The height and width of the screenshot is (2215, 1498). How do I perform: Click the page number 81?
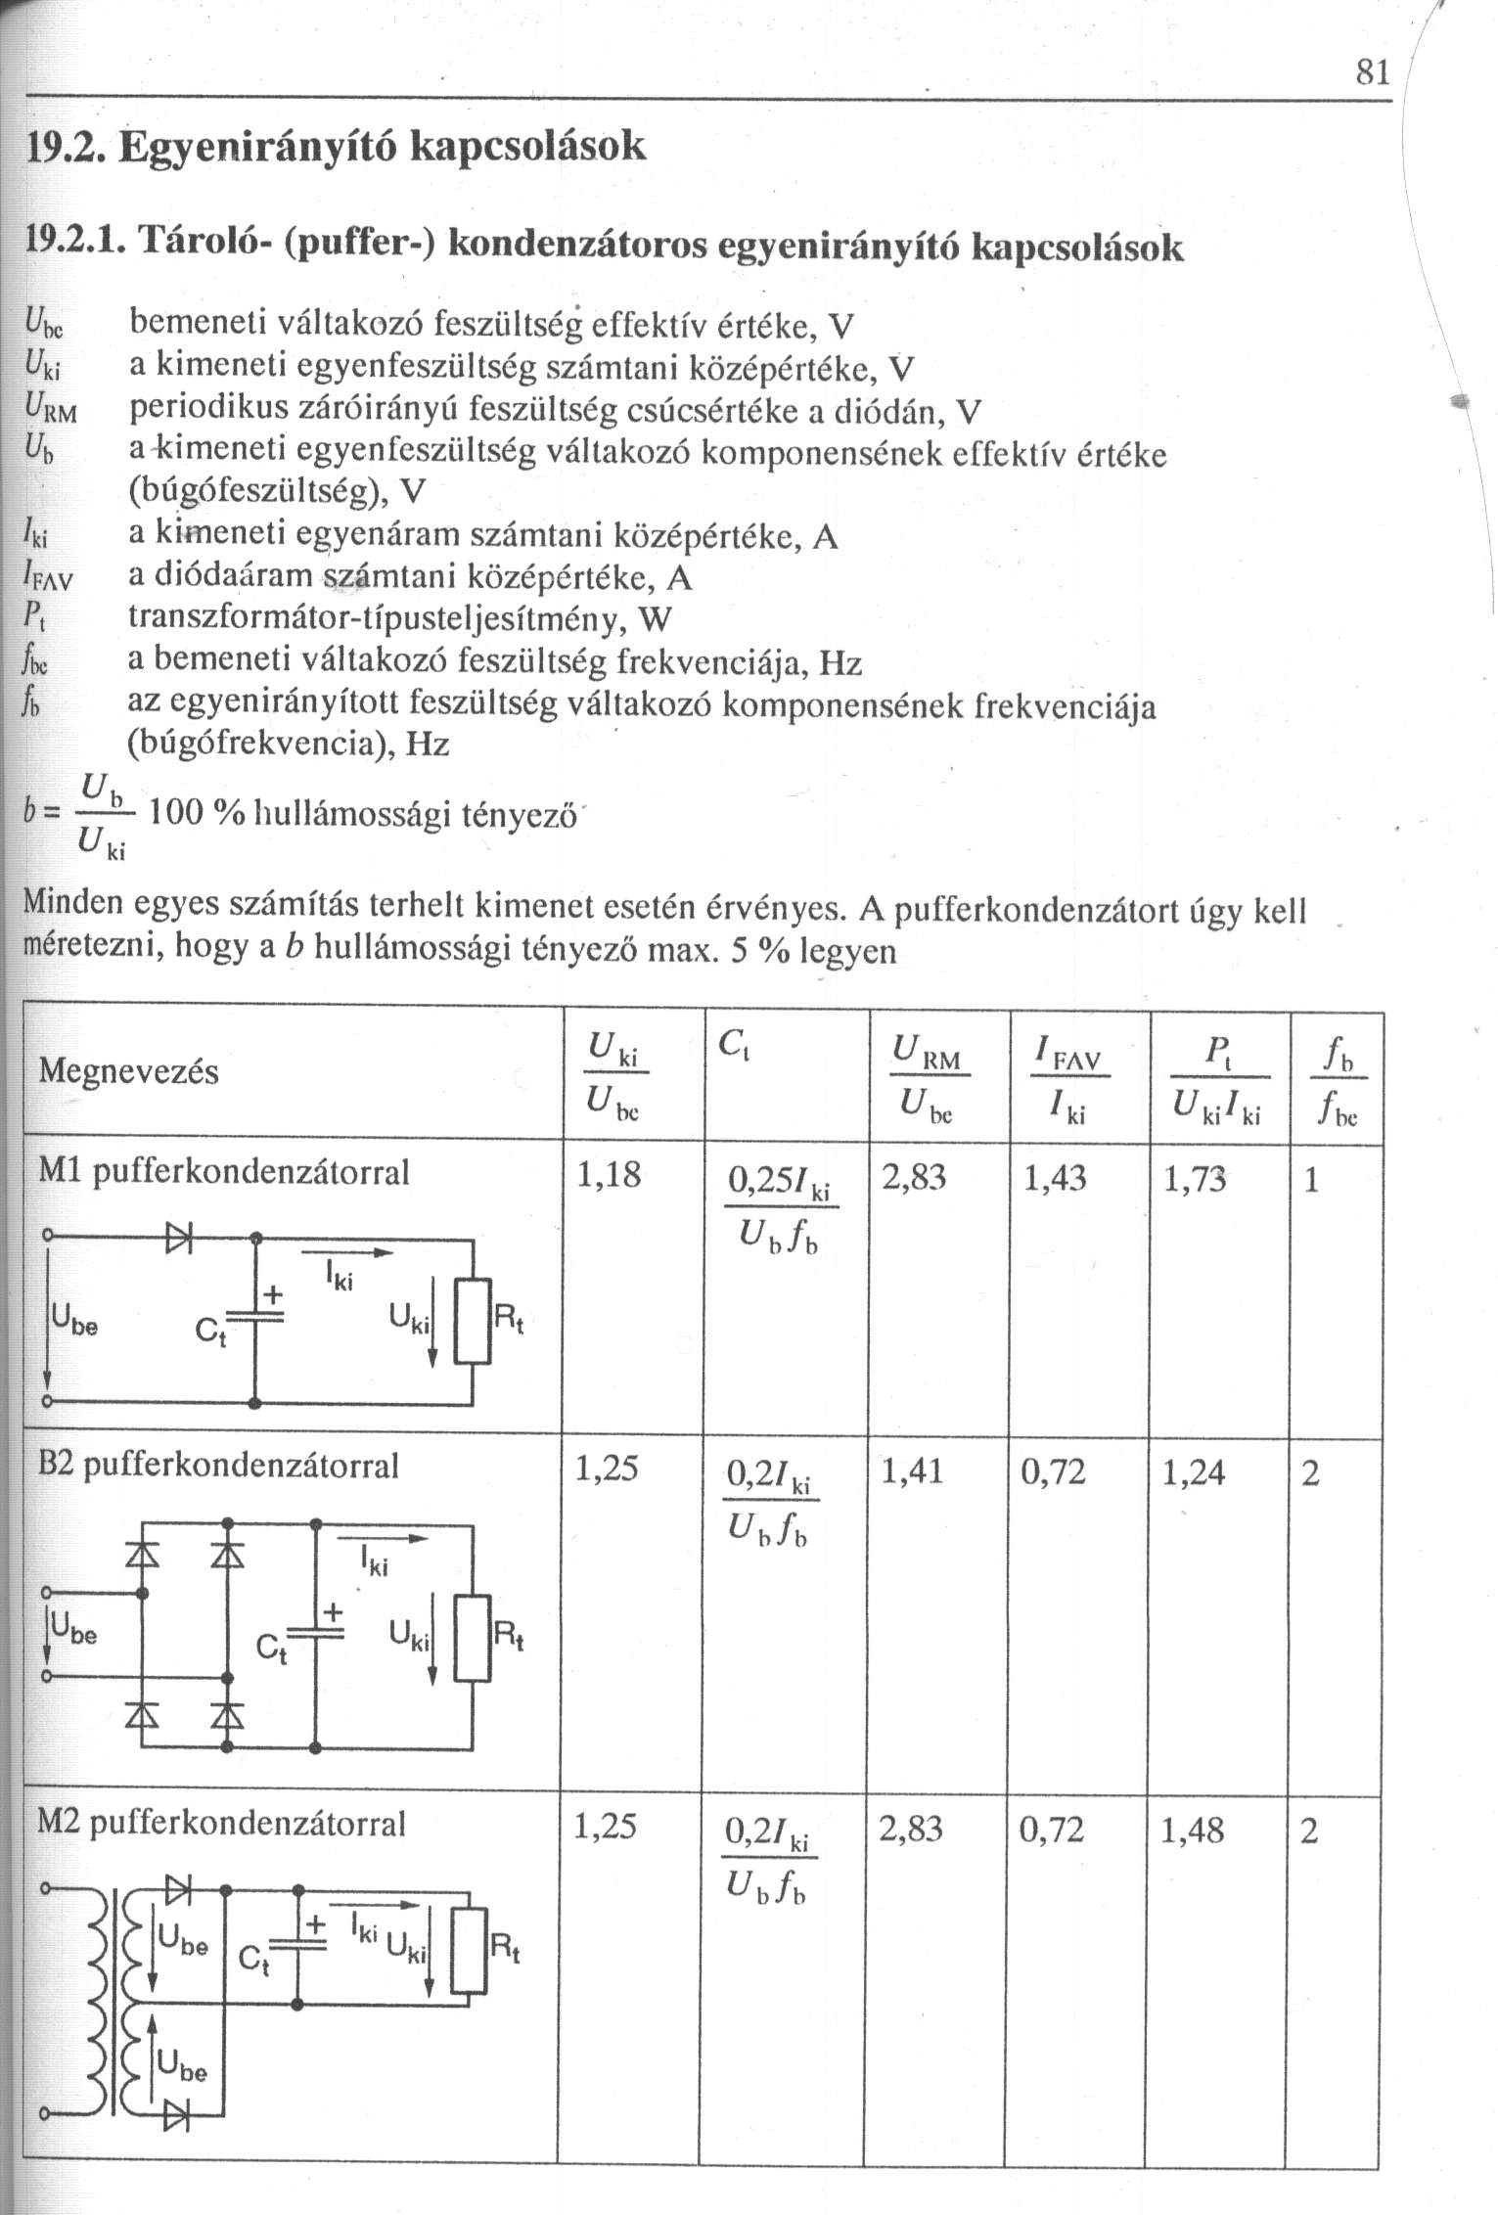pos(1371,72)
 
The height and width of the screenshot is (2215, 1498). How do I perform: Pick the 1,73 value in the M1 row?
pos(1196,1178)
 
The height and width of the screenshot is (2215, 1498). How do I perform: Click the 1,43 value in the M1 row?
pos(1055,1178)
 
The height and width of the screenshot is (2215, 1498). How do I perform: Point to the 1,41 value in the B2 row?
pos(912,1471)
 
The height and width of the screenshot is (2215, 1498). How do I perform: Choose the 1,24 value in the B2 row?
pos(1194,1471)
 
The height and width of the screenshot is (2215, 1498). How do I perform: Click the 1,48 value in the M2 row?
pos(1192,1830)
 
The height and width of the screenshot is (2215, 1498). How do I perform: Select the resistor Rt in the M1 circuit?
pos(472,1321)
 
